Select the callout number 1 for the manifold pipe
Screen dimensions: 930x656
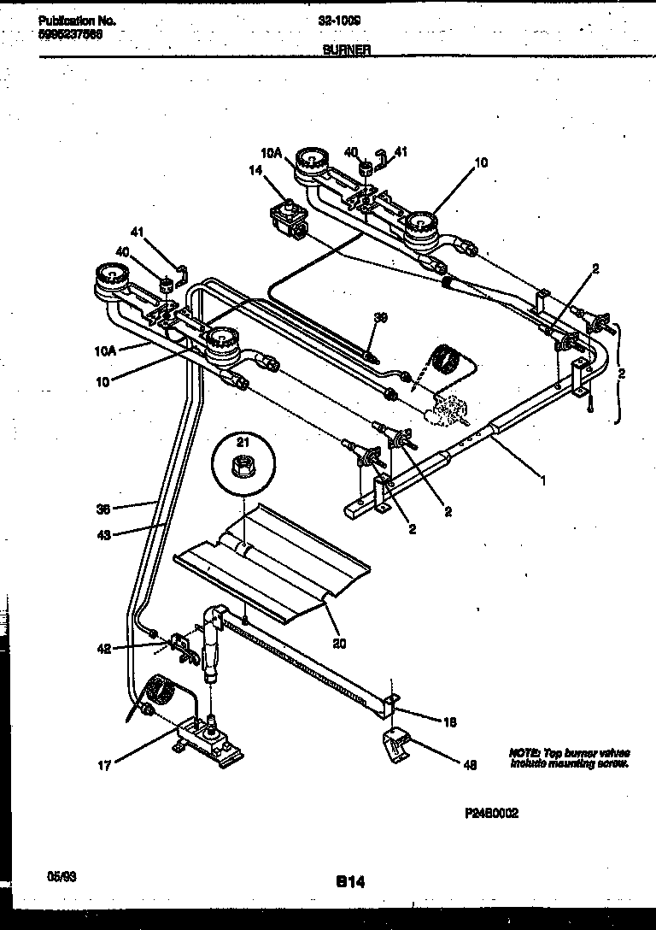coord(543,480)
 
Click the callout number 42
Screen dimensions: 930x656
coord(103,650)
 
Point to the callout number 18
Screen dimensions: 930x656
coord(451,721)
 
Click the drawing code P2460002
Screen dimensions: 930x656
coord(491,814)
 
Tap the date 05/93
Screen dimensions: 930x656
coord(56,877)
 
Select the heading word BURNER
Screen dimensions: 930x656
coord(346,50)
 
